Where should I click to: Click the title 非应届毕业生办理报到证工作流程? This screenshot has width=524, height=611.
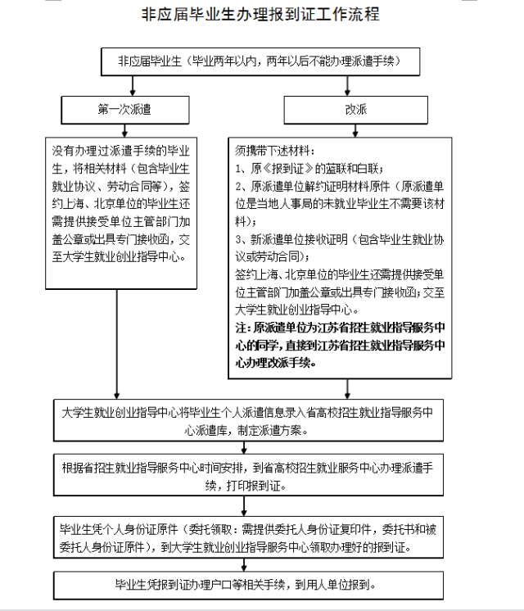(x=260, y=15)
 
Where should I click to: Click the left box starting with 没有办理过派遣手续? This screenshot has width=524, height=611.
(x=121, y=211)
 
